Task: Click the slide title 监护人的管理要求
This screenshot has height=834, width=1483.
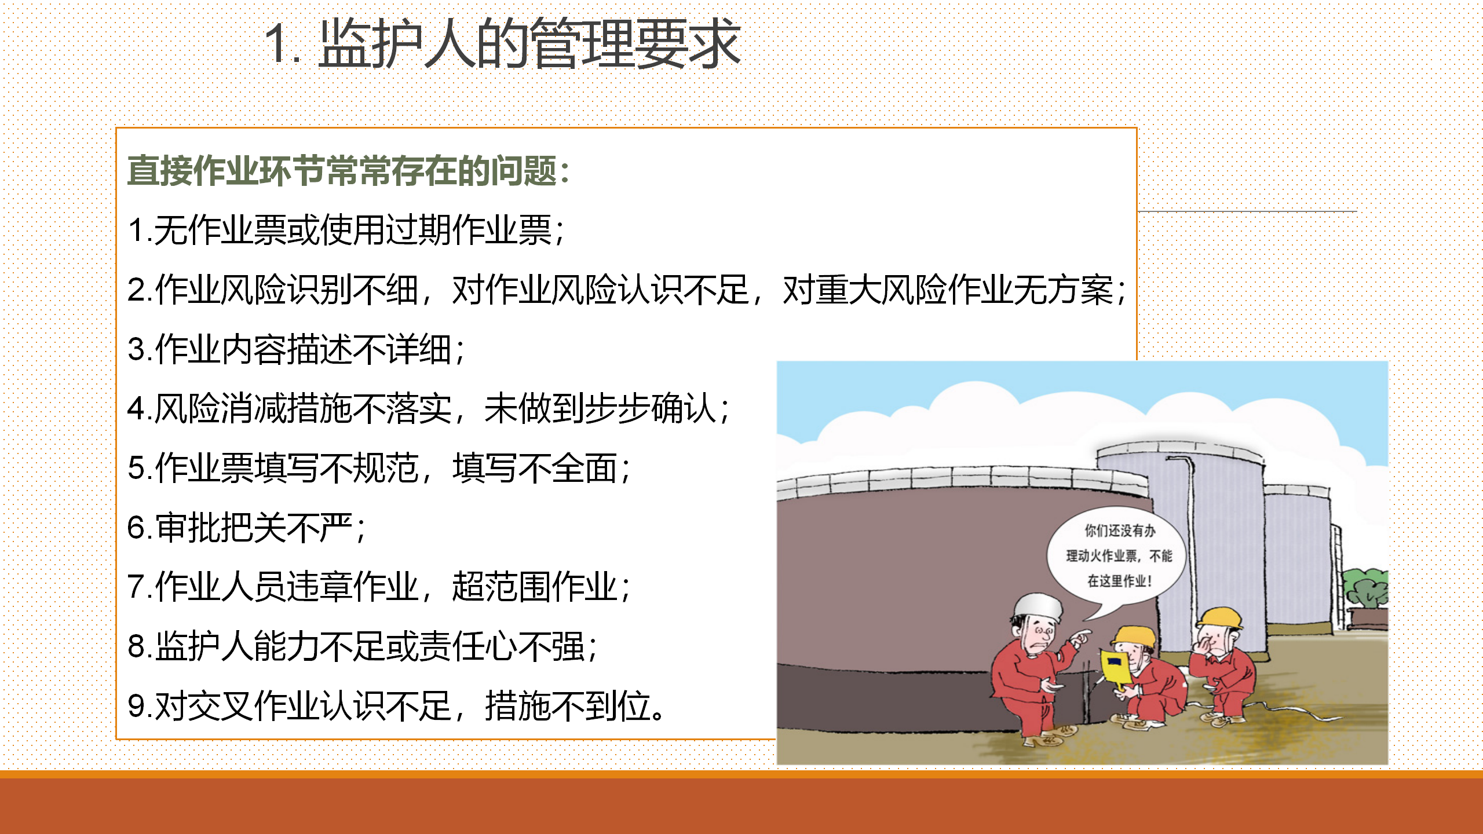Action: point(530,43)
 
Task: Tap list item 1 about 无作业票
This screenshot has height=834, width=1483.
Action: point(346,230)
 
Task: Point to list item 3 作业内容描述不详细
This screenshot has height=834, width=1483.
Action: point(296,349)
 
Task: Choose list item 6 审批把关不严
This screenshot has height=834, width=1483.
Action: point(247,528)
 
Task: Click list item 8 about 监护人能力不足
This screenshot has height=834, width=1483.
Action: point(362,646)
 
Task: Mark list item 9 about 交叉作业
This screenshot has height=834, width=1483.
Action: point(396,706)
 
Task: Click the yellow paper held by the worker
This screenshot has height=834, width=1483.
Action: point(1115,669)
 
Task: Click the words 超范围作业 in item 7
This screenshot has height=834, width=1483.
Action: point(535,587)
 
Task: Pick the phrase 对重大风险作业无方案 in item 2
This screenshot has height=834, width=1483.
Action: point(948,290)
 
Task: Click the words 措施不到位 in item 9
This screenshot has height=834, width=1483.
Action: point(568,706)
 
